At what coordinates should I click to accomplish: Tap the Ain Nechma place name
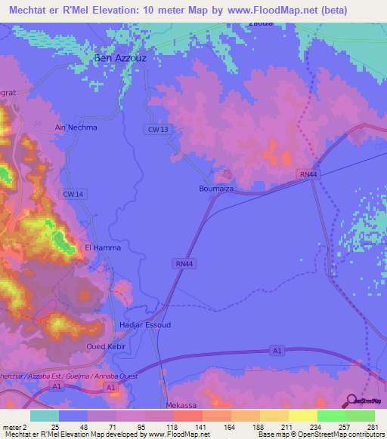tap(76, 127)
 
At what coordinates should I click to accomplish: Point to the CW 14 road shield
tap(73, 194)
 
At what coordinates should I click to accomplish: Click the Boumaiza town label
tap(215, 189)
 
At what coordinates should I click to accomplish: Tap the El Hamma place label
tap(102, 247)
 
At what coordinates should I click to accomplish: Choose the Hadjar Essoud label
tap(145, 325)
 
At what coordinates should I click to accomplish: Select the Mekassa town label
tap(180, 405)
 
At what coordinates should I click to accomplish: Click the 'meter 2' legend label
tap(14, 426)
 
